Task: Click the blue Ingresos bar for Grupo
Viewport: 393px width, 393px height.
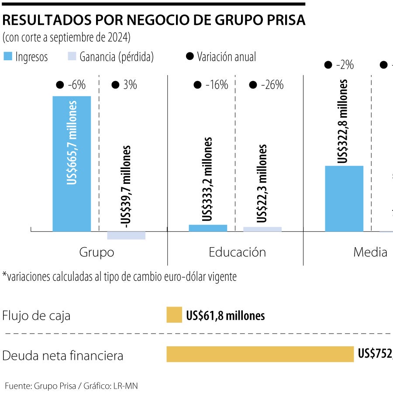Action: pyautogui.click(x=72, y=164)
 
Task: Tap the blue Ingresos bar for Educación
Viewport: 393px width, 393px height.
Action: pyautogui.click(x=208, y=228)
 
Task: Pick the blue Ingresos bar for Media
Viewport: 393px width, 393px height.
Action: pyautogui.click(x=344, y=199)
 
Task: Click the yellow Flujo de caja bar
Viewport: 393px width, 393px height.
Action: pyautogui.click(x=174, y=315)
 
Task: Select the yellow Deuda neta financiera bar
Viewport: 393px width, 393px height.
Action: pyautogui.click(x=260, y=354)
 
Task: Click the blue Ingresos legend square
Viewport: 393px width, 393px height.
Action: pyautogui.click(x=7, y=57)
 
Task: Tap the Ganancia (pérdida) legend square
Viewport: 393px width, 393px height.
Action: pyautogui.click(x=72, y=57)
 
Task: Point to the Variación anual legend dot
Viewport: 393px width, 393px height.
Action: pyautogui.click(x=190, y=57)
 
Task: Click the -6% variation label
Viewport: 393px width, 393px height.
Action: pyautogui.click(x=76, y=85)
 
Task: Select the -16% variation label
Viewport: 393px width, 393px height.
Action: pyautogui.click(x=217, y=85)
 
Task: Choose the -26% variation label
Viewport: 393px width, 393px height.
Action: pyautogui.click(x=272, y=85)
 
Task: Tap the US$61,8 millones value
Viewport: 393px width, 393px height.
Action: pyautogui.click(x=225, y=315)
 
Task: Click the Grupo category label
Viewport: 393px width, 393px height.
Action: pyautogui.click(x=97, y=252)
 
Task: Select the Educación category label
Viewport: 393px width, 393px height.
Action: pyautogui.click(x=237, y=252)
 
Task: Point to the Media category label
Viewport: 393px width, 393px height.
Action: pyautogui.click(x=370, y=252)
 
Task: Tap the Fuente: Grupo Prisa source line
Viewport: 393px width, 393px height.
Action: pyautogui.click(x=72, y=386)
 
